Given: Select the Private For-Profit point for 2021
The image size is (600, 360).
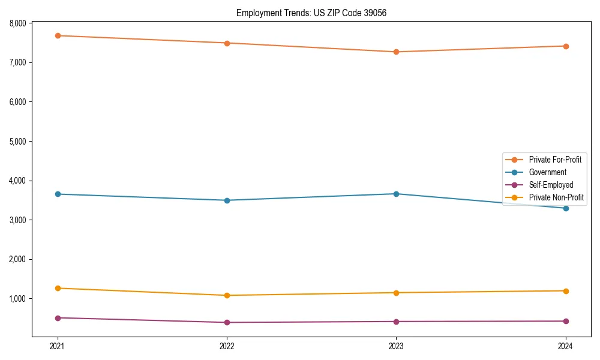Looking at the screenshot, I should tap(58, 35).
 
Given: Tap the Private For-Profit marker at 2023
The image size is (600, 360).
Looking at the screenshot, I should tap(396, 52).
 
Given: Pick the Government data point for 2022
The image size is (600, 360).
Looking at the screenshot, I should tap(227, 200).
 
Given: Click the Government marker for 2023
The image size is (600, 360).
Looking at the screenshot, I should tap(396, 194).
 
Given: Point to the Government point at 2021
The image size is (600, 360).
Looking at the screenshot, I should tap(58, 194).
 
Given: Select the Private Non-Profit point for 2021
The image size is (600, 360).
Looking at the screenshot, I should tap(58, 288).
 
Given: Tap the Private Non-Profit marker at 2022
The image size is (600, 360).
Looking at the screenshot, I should tap(227, 295).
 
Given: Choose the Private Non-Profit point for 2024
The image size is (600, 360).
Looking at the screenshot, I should tap(565, 291).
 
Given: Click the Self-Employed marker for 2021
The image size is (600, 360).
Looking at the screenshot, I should tap(58, 318).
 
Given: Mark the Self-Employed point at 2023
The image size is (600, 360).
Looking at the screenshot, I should tap(396, 322).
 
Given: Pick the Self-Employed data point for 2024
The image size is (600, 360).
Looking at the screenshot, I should tap(565, 321).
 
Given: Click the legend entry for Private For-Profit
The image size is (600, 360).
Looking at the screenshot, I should tap(554, 160).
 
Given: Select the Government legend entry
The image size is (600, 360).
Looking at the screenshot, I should tap(547, 172).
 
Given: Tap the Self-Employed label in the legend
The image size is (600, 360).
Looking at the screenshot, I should tap(551, 185).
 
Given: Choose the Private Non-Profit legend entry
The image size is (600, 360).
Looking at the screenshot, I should tap(556, 197).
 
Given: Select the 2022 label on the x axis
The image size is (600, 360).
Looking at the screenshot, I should tap(227, 346).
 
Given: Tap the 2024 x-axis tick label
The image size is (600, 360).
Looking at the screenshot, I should tap(565, 346).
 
